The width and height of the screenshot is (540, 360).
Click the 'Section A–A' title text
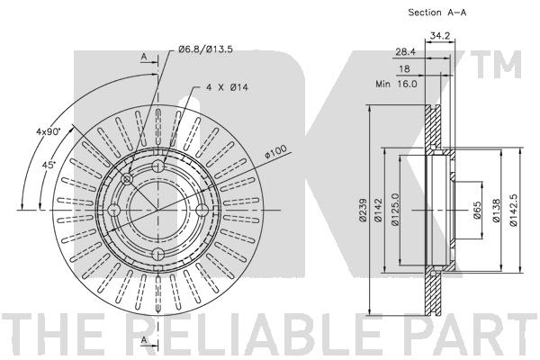(x=413, y=12)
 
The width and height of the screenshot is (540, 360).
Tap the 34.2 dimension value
(x=440, y=36)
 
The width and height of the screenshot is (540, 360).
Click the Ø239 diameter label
(x=361, y=209)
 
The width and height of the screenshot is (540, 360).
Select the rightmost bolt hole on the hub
(x=202, y=211)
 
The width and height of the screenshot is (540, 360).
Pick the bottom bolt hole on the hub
(x=158, y=253)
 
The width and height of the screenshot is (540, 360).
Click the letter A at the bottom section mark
(x=143, y=339)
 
